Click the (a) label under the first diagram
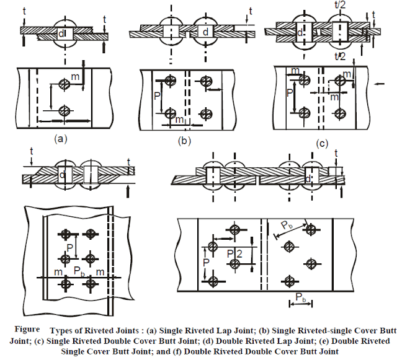(x=60, y=139)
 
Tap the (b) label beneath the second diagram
(x=184, y=141)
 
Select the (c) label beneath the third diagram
(x=321, y=143)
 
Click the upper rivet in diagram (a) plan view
(x=63, y=83)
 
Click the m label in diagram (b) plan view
(x=179, y=120)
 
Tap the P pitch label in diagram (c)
(x=289, y=94)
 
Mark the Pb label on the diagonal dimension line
(x=284, y=226)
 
